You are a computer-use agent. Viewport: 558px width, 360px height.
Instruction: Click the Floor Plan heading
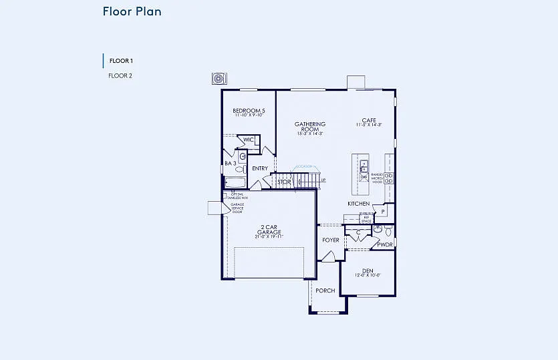click(x=132, y=11)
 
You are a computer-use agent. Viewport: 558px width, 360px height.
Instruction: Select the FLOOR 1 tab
click(x=121, y=61)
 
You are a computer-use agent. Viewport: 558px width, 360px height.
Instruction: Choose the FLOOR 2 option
click(x=120, y=75)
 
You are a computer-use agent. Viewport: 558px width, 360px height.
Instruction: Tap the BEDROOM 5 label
click(x=249, y=110)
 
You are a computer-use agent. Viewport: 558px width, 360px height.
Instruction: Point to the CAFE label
click(x=369, y=120)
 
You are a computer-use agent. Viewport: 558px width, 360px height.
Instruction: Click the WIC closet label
click(x=249, y=140)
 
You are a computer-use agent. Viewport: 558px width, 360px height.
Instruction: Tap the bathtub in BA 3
click(x=235, y=182)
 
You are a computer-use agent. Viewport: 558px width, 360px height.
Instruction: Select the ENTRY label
click(x=260, y=168)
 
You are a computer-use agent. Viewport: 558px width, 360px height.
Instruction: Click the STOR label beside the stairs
click(x=284, y=182)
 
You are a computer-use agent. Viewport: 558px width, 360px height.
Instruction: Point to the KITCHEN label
click(x=358, y=204)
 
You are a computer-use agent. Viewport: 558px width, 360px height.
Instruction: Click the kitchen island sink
click(x=364, y=166)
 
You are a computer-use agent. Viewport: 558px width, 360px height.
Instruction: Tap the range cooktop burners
click(x=388, y=178)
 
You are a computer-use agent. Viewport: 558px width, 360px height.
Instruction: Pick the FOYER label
click(x=331, y=240)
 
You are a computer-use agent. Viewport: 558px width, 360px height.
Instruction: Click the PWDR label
click(x=385, y=245)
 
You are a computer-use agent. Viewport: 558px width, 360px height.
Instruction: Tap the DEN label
click(x=368, y=271)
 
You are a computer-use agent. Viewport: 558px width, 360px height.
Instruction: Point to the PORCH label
click(x=325, y=291)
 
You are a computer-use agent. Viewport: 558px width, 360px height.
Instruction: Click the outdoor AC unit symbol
click(x=218, y=79)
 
